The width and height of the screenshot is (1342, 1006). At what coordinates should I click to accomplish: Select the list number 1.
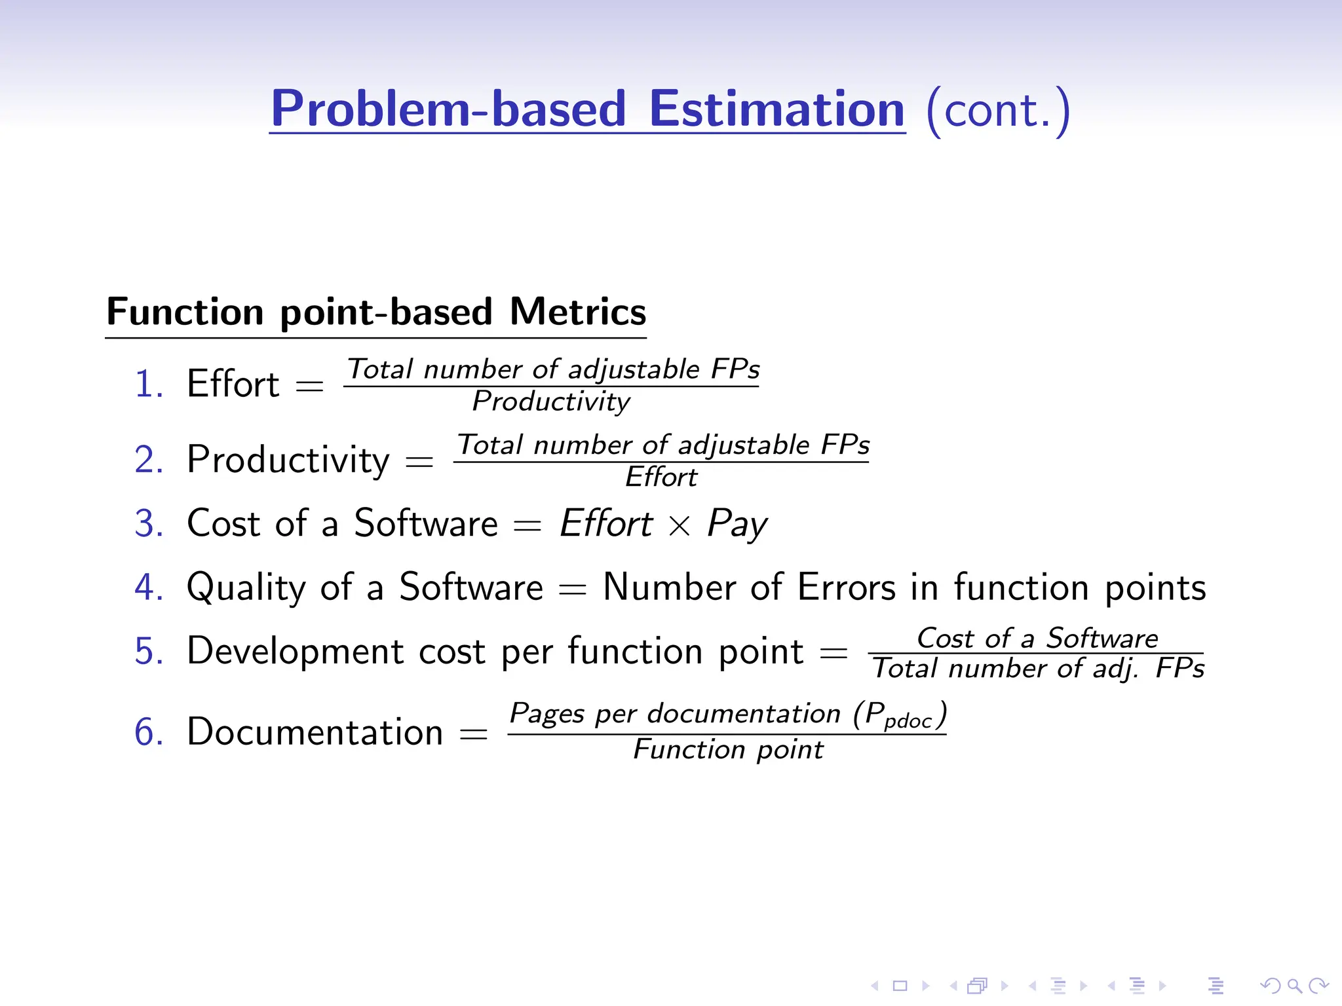click(x=148, y=384)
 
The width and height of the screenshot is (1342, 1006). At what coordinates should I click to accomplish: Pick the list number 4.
click(x=148, y=587)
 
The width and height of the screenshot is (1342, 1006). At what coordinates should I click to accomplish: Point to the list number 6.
click(x=148, y=732)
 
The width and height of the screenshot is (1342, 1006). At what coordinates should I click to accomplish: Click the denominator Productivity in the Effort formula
click(x=551, y=401)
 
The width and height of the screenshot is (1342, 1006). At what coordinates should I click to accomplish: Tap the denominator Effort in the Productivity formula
click(x=661, y=477)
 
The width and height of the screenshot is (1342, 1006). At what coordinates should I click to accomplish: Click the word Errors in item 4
click(x=846, y=587)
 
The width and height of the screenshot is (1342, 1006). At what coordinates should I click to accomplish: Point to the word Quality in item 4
click(x=246, y=587)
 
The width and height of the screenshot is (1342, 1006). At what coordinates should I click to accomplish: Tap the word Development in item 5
click(x=295, y=651)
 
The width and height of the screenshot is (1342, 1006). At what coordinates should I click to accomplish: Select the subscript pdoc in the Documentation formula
click(x=908, y=721)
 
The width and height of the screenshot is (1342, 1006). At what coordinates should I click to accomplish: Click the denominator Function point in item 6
click(x=728, y=749)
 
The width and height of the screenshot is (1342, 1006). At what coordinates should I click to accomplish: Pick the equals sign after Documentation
click(x=473, y=734)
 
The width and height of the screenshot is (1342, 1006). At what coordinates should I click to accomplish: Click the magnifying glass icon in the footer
click(x=1294, y=985)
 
